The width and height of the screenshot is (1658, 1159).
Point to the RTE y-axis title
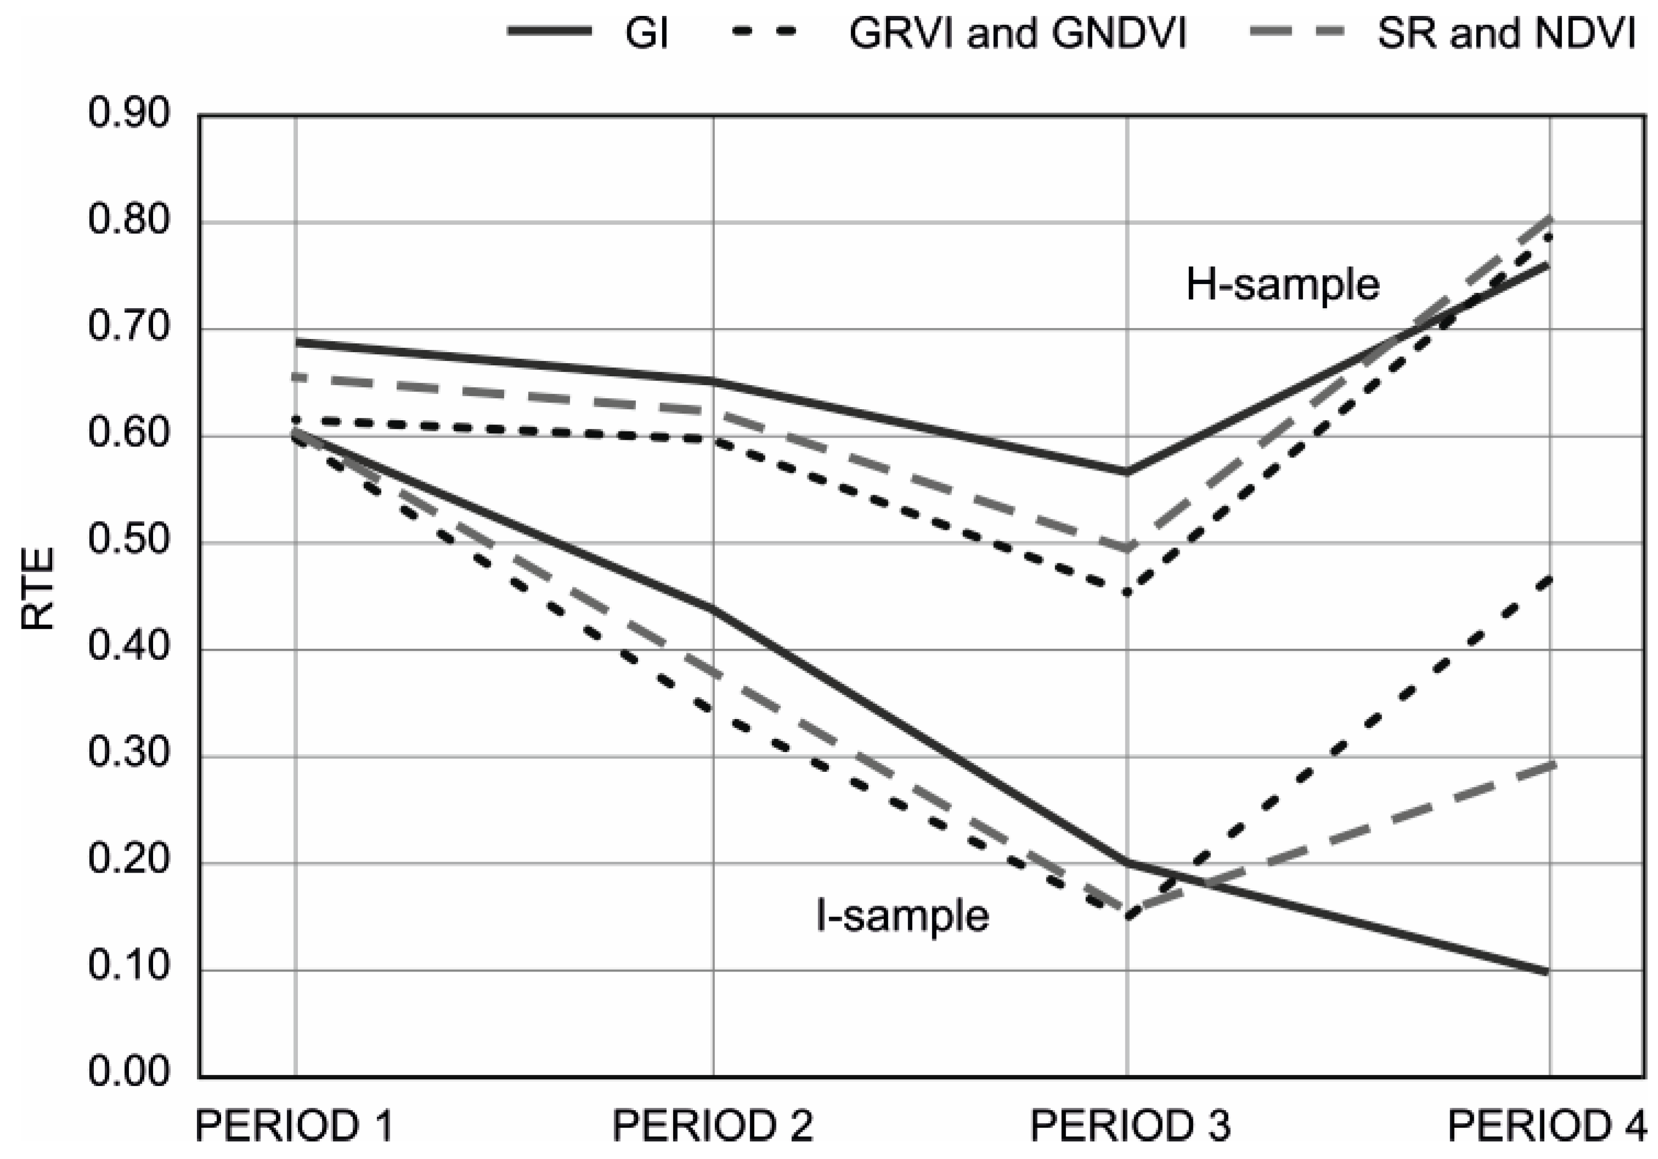37,589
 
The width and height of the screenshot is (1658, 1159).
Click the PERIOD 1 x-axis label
295,1125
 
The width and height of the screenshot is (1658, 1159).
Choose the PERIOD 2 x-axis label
713,1125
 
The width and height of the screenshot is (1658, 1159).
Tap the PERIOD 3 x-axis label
1130,1125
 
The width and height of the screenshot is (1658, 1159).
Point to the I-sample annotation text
902,915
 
